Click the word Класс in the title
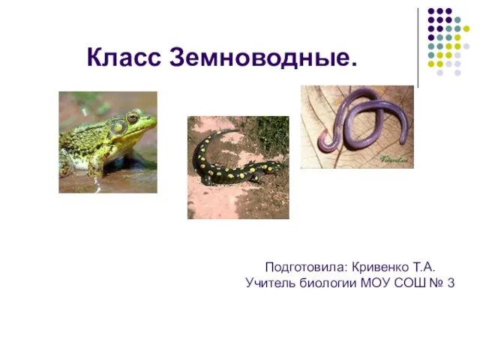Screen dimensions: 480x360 pyautogui.click(x=124, y=57)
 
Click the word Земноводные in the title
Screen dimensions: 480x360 pyautogui.click(x=263, y=57)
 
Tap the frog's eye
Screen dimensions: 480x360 pyautogui.click(x=132, y=118)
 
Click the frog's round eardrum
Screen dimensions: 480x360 pyautogui.click(x=118, y=127)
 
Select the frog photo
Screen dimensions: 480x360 pyautogui.click(x=108, y=142)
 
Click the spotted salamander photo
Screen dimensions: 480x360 pyautogui.click(x=238, y=167)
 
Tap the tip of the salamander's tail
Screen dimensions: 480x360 pyautogui.click(x=238, y=130)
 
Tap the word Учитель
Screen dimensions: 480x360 pyautogui.click(x=270, y=283)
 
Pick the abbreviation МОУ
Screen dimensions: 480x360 pyautogui.click(x=375, y=283)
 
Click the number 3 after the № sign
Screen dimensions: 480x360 pyautogui.click(x=451, y=283)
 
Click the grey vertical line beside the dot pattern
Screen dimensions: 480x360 pyautogui.click(x=418, y=48)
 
